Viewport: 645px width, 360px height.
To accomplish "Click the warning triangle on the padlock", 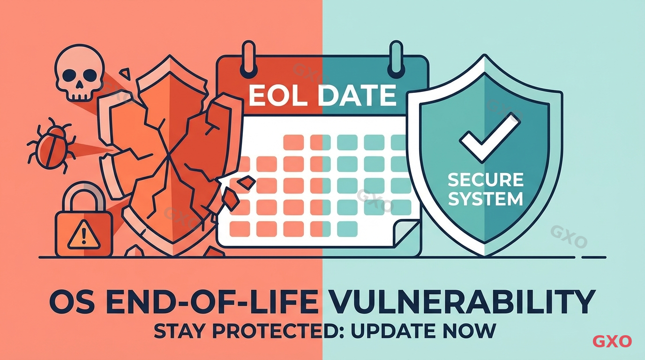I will (83, 234).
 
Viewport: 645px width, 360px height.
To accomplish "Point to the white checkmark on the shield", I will (489, 136).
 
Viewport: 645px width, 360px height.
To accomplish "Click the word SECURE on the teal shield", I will (485, 180).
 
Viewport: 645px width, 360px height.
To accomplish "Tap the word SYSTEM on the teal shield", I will (485, 199).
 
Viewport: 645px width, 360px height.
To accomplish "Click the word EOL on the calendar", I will (276, 96).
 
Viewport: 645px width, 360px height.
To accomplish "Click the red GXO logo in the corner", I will (612, 341).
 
